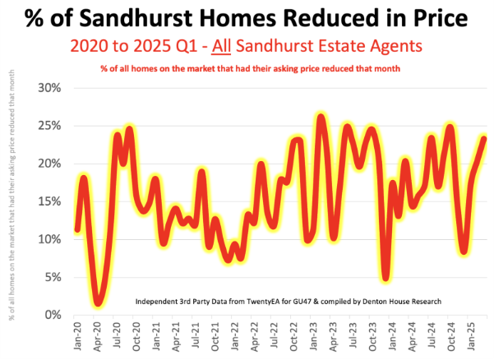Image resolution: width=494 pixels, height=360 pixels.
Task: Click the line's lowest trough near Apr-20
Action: click(99, 302)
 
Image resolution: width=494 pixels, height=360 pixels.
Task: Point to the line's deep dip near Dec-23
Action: click(386, 278)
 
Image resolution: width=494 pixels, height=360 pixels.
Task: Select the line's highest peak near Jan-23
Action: click(321, 118)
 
